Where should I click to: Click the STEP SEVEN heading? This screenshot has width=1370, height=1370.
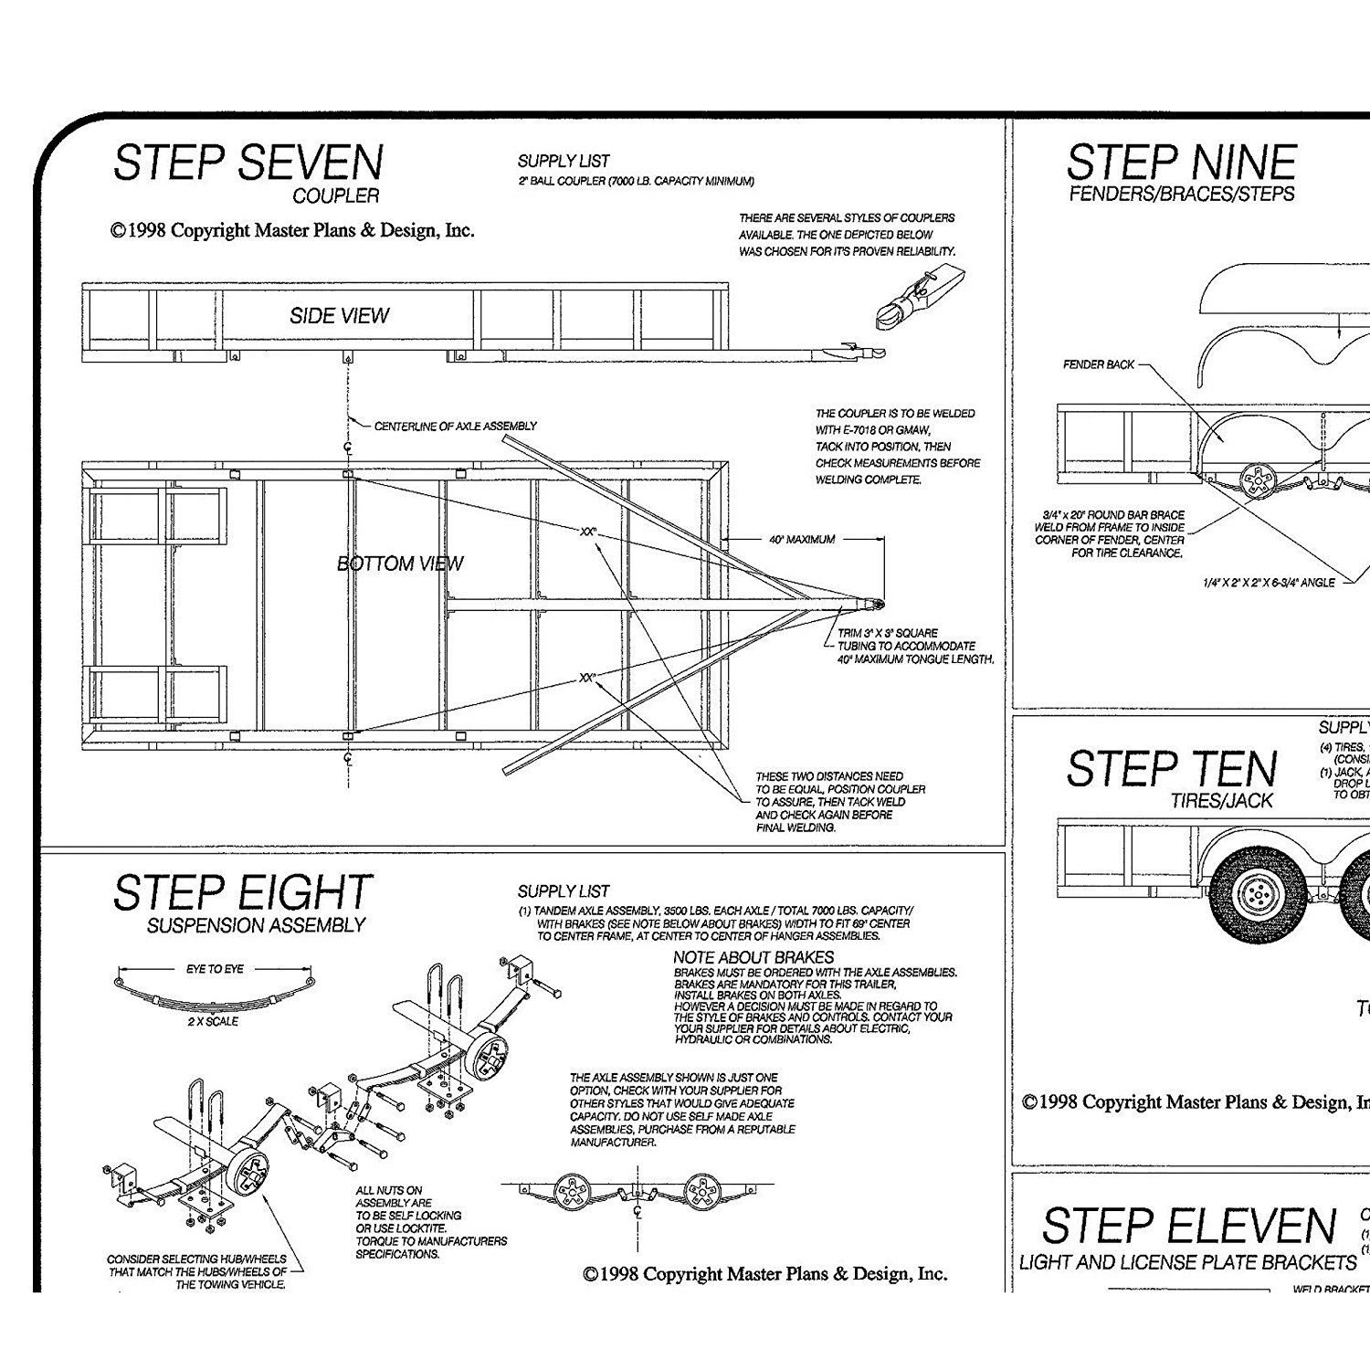(248, 163)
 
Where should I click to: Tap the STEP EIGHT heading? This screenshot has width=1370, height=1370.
(242, 893)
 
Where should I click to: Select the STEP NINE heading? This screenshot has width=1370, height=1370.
(1181, 163)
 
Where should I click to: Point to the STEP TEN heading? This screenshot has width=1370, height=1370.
(1171, 768)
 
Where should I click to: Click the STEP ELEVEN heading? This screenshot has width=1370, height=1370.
(1188, 1226)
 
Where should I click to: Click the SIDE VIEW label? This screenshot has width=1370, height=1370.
(339, 316)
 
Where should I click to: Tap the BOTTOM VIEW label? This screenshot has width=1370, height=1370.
(400, 564)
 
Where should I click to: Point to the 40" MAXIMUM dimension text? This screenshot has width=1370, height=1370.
(802, 540)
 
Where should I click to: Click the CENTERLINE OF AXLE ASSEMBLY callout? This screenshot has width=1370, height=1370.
(455, 427)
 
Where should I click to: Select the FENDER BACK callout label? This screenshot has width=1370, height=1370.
(1099, 364)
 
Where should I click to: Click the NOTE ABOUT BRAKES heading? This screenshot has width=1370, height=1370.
(753, 957)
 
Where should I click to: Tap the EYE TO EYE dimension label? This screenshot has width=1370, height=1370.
(215, 968)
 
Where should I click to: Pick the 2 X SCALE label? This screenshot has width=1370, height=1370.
(212, 1021)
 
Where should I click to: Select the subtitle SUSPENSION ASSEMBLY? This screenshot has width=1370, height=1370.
(256, 925)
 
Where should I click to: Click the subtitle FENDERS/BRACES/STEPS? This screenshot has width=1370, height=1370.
(1182, 194)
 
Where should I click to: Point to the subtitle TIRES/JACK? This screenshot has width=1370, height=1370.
(1222, 801)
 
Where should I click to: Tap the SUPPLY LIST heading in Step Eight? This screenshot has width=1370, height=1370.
(564, 891)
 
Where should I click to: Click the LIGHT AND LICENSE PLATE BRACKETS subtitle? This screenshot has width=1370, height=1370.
(1187, 1263)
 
